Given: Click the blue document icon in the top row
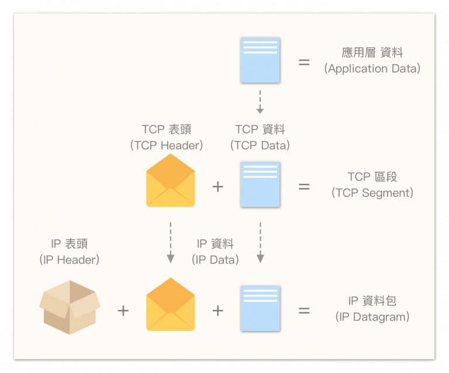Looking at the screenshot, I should tap(260, 60).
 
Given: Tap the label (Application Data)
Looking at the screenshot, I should tap(372, 69).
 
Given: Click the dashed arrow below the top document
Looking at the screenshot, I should tap(260, 102).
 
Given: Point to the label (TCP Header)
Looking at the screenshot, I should tap(167, 145).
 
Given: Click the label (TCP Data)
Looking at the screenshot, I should tap(260, 145).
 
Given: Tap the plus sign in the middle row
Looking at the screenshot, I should tap(217, 187).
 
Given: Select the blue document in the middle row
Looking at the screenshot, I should tap(260, 184).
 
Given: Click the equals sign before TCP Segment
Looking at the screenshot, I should tap(304, 187).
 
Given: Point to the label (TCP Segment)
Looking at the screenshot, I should tap(372, 193).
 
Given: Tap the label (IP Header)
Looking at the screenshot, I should tap(70, 260).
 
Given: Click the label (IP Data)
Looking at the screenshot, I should tap(215, 260).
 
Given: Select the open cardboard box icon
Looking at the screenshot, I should tap(70, 307).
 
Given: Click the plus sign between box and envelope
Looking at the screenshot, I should tap(123, 311).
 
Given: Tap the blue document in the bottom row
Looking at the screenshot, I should tap(260, 308).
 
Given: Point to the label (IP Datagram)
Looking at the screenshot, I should tap(372, 317).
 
